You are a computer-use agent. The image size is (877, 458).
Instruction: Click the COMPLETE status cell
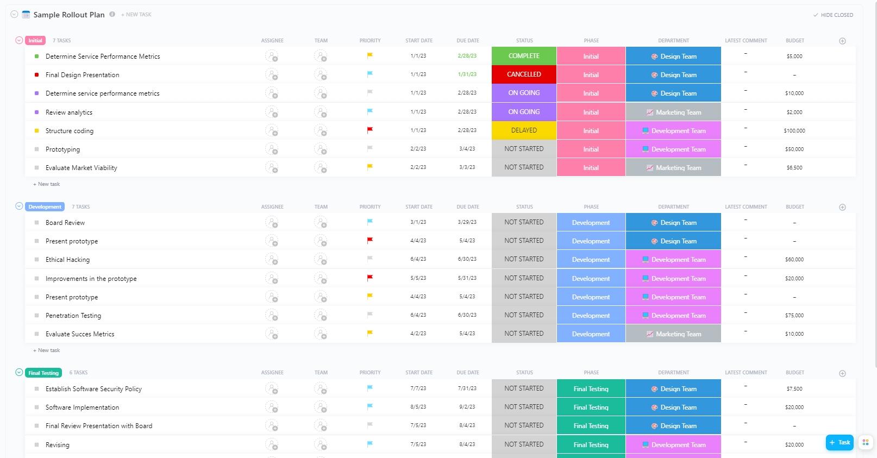[x=524, y=56]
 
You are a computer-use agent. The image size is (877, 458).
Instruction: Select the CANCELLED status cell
[x=524, y=74]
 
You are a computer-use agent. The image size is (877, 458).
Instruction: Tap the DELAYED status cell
[x=524, y=130]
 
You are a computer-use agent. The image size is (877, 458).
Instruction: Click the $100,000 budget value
[x=794, y=131]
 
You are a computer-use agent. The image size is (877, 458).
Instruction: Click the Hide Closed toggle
[x=833, y=15]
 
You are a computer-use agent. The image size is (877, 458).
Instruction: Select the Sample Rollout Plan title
[x=69, y=15]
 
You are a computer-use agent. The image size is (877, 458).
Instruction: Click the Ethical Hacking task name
[x=67, y=260]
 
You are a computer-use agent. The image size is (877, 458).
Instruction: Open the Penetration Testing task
[x=73, y=316]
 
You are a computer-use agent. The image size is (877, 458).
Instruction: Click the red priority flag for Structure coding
[x=370, y=130]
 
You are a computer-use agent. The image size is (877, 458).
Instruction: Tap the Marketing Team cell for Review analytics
[x=673, y=112]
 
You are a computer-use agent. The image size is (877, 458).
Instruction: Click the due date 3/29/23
[x=467, y=222]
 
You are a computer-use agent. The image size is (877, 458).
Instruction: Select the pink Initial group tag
[x=35, y=41]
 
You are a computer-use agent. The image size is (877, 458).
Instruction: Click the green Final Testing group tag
[x=43, y=373]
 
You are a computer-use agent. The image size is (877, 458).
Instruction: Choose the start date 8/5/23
[x=418, y=407]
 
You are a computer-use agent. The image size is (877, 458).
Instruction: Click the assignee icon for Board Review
[x=272, y=222]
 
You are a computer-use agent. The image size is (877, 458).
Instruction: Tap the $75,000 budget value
[x=794, y=316]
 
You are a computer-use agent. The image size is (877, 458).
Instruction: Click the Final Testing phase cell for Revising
[x=591, y=445]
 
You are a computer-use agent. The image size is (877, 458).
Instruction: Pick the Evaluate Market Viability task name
[x=82, y=168]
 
